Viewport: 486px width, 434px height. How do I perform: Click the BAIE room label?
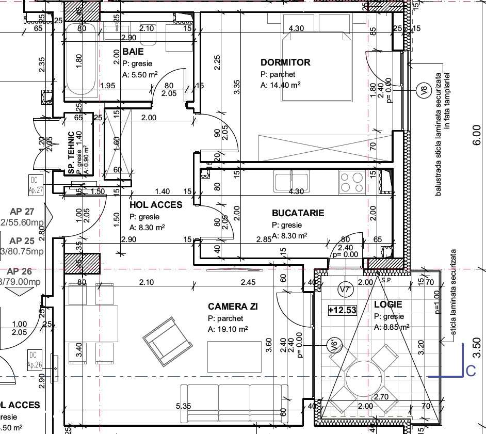(133, 52)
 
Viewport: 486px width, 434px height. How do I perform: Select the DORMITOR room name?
(285, 62)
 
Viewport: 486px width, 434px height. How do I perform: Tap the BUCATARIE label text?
(298, 213)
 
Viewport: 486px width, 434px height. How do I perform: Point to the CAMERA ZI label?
(233, 307)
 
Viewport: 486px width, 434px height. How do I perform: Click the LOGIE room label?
(388, 304)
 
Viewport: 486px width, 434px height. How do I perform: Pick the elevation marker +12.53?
(343, 310)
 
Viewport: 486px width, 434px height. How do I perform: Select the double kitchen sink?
(291, 182)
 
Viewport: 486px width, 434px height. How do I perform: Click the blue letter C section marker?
(470, 371)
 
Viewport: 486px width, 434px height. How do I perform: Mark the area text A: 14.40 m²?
(281, 85)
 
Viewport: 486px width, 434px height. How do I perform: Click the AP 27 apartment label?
(22, 211)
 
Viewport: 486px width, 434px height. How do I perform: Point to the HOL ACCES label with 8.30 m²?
(155, 205)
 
